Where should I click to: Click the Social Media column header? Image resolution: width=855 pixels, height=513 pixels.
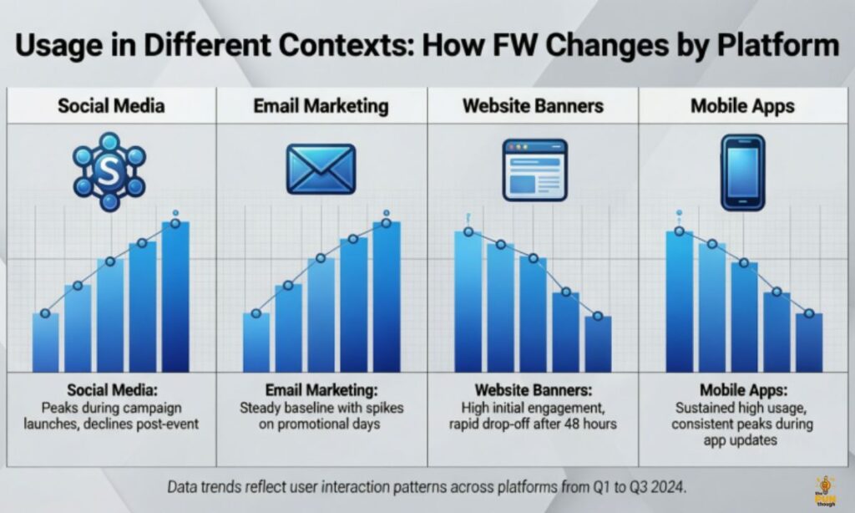coord(111,107)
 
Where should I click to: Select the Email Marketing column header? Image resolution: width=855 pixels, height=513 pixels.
coord(321,107)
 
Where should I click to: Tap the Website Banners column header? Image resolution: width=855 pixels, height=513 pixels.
coord(533,107)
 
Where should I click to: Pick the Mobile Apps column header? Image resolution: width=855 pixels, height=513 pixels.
coord(743,107)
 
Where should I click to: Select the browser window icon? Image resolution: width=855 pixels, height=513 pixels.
coord(534,169)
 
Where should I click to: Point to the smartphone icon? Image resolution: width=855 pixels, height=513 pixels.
coord(742,171)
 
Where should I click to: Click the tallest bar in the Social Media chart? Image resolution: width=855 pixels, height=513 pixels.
coord(175,297)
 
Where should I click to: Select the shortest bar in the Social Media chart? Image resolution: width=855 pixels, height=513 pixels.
coord(46,343)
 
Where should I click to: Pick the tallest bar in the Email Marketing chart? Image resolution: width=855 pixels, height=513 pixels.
coord(387,297)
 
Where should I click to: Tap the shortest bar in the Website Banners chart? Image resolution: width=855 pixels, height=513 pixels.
coord(598,343)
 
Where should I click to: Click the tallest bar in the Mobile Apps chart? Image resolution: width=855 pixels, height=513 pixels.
coord(680,301)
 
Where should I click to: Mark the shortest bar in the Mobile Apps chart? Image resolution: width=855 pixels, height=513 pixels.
coord(808,343)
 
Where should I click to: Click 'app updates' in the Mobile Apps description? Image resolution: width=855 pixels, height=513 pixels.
coord(743,439)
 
